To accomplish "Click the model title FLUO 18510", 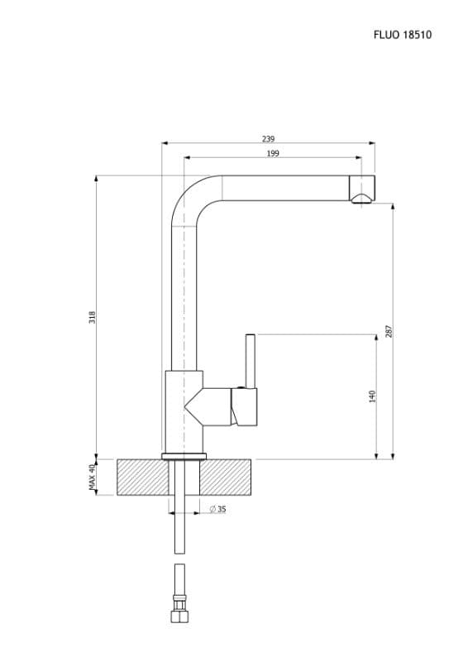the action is [x=402, y=35].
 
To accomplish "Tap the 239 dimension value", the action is [x=269, y=139].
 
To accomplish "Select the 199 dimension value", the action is [x=273, y=153].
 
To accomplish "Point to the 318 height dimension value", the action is [x=92, y=318].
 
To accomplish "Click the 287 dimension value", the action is [x=389, y=331].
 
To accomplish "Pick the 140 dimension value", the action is [x=372, y=396].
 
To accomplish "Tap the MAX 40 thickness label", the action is [x=92, y=477].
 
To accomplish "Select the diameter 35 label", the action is [x=217, y=509].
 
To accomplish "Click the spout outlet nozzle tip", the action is [x=361, y=189].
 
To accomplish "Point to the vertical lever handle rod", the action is [x=251, y=361].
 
